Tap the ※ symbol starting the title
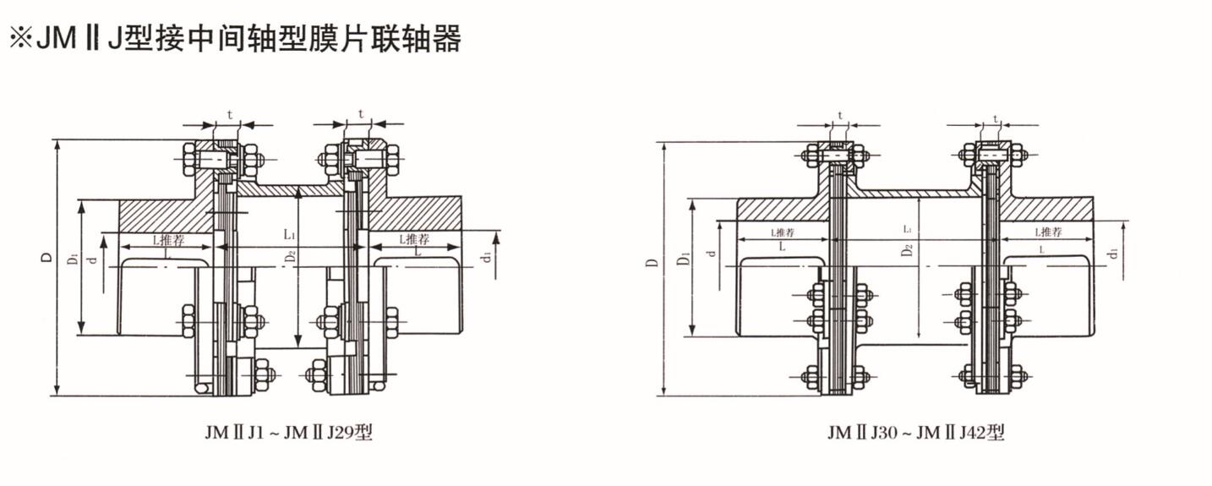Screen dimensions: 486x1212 click(19, 38)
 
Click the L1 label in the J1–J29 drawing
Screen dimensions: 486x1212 click(289, 232)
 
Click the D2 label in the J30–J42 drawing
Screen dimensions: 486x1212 click(907, 250)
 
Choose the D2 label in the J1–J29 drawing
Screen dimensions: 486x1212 click(290, 259)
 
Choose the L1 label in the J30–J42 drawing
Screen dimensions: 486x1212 click(907, 229)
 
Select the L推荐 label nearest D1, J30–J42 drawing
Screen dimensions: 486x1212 click(786, 232)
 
